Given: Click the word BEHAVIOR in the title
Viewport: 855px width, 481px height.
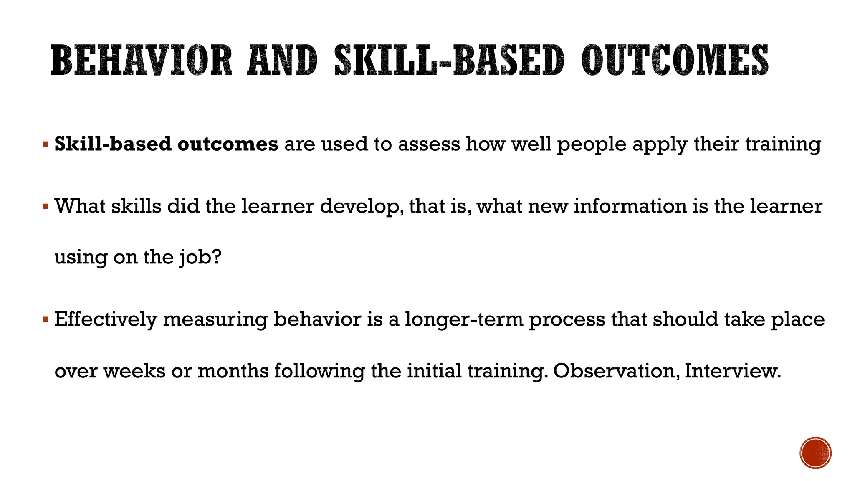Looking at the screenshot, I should pos(141,61).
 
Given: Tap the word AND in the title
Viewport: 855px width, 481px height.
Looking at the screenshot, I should pos(282,61).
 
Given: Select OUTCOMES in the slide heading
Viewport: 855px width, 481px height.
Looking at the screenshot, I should pos(675,61).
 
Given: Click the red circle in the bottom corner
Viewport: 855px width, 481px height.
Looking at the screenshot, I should pos(816,453).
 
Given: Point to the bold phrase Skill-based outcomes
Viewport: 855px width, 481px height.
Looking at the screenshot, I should pos(166,144).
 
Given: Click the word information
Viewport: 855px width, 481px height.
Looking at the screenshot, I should pos(630,206).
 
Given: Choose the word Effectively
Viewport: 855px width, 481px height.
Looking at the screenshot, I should pos(105,320).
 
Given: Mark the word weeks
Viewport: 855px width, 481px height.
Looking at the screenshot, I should pos(134,371).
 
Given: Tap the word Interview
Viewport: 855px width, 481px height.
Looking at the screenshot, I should pos(733,371).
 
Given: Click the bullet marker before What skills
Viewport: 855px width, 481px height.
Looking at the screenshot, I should pos(46,206).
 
